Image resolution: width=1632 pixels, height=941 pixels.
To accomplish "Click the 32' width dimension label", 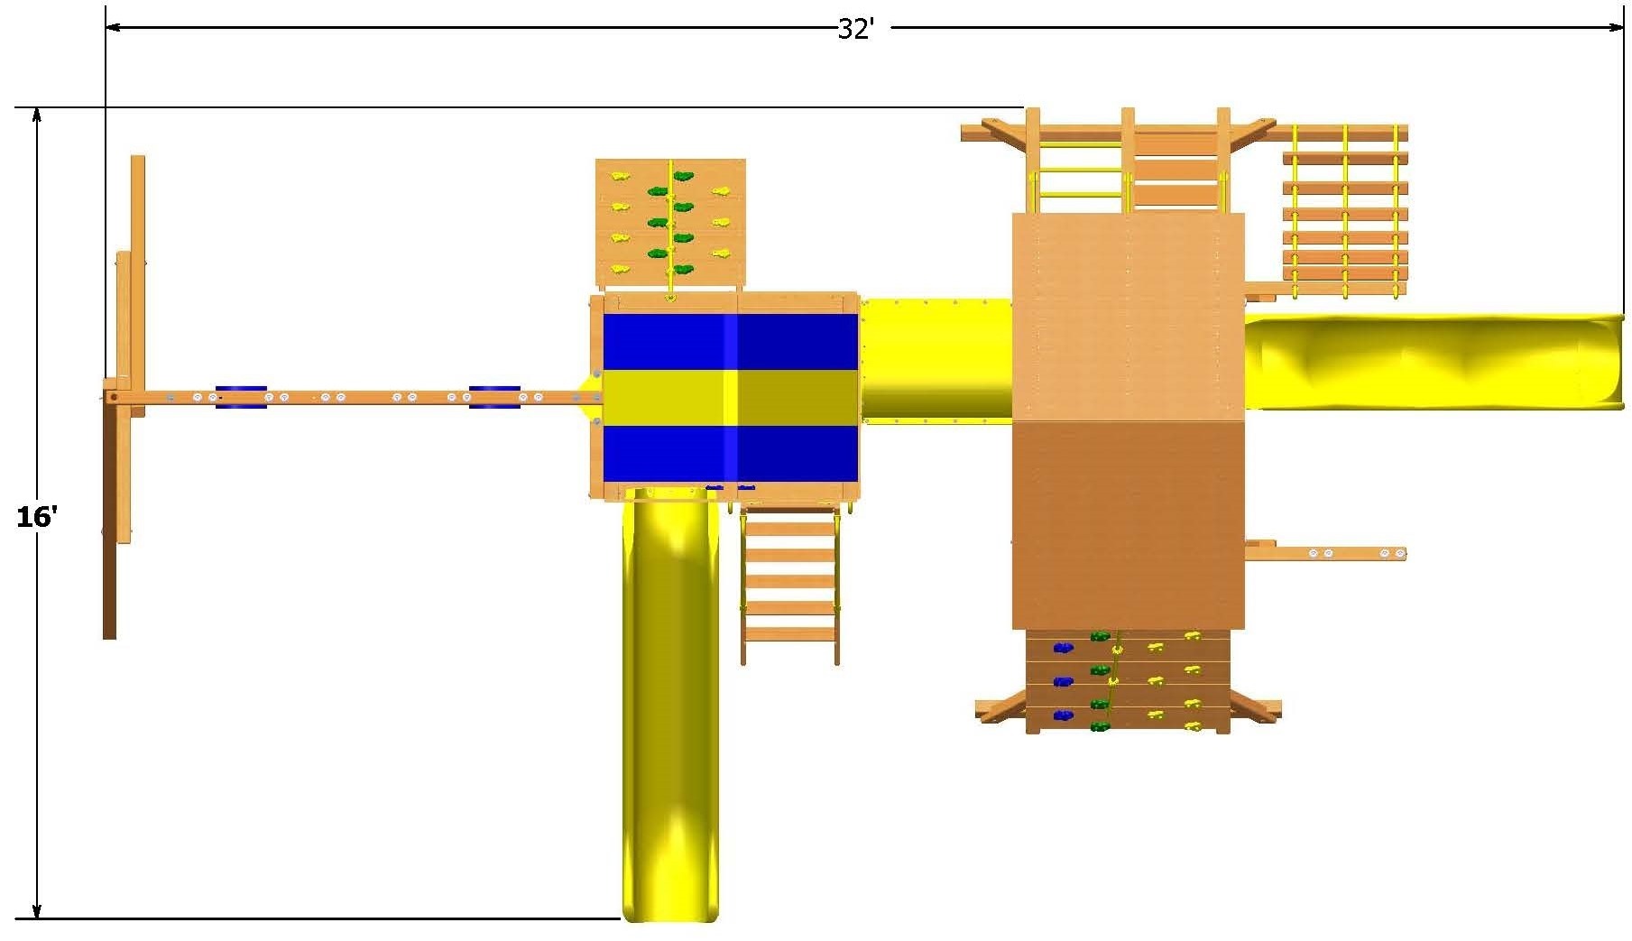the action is click(x=855, y=29).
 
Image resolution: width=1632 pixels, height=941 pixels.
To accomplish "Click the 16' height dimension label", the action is click(x=37, y=517).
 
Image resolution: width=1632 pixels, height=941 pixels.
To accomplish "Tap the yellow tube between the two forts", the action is click(x=936, y=359).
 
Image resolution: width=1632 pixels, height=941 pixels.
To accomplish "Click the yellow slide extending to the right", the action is click(x=1434, y=361).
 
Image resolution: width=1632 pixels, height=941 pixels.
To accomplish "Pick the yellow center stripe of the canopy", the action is click(x=730, y=397).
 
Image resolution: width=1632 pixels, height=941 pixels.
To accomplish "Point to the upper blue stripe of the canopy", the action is click(x=730, y=342).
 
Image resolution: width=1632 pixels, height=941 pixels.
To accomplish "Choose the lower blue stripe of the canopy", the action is click(x=730, y=453).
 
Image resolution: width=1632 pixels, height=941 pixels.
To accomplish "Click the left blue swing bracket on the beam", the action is click(x=241, y=397).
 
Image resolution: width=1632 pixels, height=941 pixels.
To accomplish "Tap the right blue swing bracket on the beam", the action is click(x=494, y=397).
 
